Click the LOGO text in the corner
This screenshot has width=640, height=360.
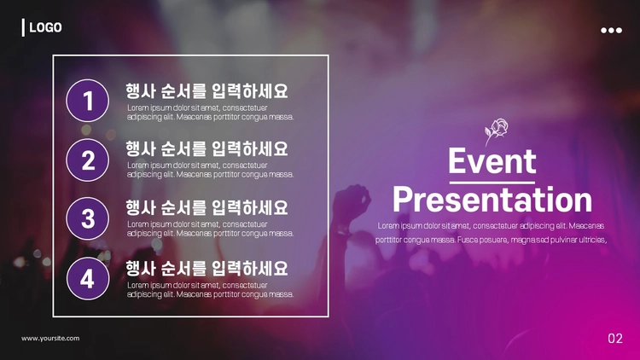coord(45,27)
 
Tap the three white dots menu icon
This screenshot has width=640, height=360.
coord(611,30)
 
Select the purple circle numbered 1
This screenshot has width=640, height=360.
coord(87,101)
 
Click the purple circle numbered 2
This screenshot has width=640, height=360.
coord(87,160)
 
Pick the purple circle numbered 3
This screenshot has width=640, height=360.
coord(87,218)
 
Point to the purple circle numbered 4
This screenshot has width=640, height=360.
coord(88,278)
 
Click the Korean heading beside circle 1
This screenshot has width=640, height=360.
coord(207,91)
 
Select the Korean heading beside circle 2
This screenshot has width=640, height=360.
coord(207,148)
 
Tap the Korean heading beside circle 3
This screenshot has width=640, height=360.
coord(207,207)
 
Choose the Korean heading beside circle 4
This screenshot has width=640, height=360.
coord(207,268)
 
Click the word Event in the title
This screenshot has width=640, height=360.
coord(492,161)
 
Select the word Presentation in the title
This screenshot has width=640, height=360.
coord(492,200)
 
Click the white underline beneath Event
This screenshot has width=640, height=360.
coord(492,183)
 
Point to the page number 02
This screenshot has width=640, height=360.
coord(615,339)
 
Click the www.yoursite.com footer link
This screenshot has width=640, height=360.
coord(50,339)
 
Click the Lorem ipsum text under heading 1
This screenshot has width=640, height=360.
coord(210,113)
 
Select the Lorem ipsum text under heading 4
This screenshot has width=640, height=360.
coord(210,290)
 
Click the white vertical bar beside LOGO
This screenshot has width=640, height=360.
coord(23,27)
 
